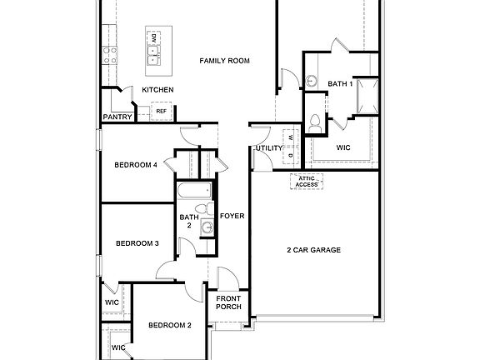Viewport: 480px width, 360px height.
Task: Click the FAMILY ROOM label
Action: pos(225,61)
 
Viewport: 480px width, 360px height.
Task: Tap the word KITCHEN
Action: pos(157,90)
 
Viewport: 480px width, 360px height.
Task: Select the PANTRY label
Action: pos(117,117)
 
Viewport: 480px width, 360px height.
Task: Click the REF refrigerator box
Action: pos(161,110)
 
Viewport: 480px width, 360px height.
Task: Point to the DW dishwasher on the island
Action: pos(153,38)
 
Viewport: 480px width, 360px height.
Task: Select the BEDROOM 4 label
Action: pos(135,165)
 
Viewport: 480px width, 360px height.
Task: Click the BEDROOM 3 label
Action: pos(137,243)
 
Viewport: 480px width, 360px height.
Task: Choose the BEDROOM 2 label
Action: pos(170,325)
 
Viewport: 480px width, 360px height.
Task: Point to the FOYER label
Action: pos(232,217)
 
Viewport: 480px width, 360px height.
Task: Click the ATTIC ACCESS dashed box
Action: pos(305,182)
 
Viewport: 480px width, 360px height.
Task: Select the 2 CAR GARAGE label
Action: pos(313,250)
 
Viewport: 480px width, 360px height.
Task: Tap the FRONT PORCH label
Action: pos(228,302)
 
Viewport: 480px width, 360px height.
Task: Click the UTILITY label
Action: pos(269,148)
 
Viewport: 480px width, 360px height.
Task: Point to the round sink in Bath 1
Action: pos(311,81)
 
